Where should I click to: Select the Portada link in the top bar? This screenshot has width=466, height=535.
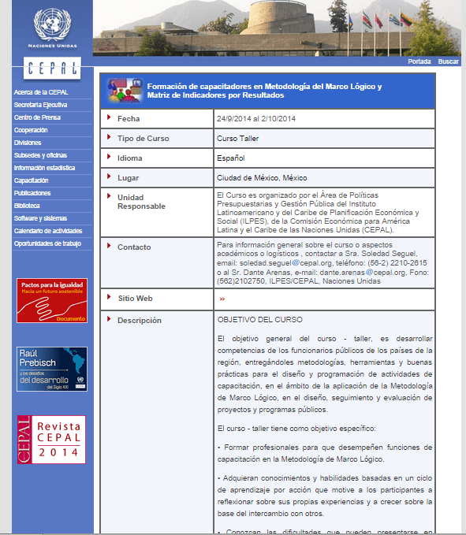[419, 61]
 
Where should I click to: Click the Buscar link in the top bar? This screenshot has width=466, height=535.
[448, 61]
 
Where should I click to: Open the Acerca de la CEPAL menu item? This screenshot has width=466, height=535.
[35, 92]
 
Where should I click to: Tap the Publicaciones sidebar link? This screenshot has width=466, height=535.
[32, 193]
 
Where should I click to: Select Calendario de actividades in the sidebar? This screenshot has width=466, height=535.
[48, 231]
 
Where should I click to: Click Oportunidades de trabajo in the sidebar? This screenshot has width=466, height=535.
[47, 243]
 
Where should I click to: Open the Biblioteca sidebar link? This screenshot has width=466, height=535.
[27, 206]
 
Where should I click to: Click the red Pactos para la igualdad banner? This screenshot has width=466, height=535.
[52, 300]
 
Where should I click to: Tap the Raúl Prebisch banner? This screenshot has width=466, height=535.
[52, 369]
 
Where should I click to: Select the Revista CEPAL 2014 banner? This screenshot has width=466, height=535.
[52, 440]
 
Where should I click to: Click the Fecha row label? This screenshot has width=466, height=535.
[129, 119]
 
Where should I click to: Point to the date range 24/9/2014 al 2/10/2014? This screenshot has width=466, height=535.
[256, 119]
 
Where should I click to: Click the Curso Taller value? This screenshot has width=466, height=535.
[238, 139]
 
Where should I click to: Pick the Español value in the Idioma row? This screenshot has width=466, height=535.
[231, 158]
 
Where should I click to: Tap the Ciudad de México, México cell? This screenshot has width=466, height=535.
[256, 178]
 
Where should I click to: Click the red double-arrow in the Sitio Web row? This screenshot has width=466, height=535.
[222, 299]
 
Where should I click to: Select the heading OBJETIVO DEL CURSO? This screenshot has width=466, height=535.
[259, 320]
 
